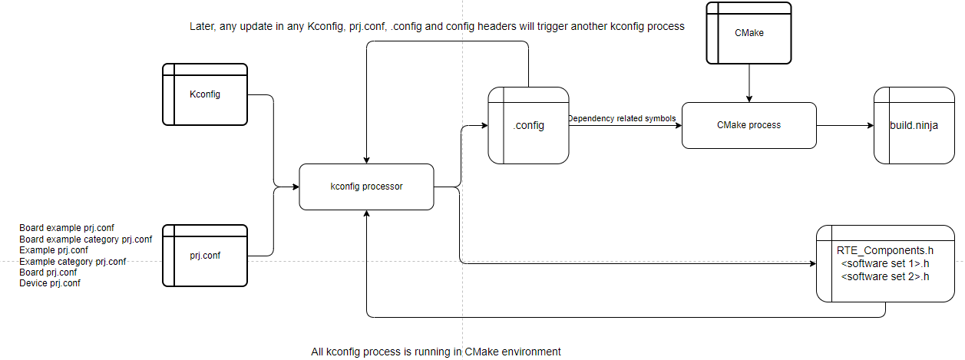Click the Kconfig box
click(205, 94)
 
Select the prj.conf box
click(205, 256)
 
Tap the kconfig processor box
click(366, 187)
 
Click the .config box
click(529, 125)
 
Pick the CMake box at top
click(749, 33)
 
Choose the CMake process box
click(749, 124)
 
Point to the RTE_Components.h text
click(884, 250)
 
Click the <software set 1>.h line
click(885, 263)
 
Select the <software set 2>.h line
click(885, 276)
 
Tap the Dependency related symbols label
click(622, 118)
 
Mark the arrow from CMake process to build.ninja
click(844, 125)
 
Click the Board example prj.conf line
click(67, 229)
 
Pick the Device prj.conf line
click(50, 283)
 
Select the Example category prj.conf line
click(73, 262)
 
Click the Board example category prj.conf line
click(86, 239)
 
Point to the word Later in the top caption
click(203, 27)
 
